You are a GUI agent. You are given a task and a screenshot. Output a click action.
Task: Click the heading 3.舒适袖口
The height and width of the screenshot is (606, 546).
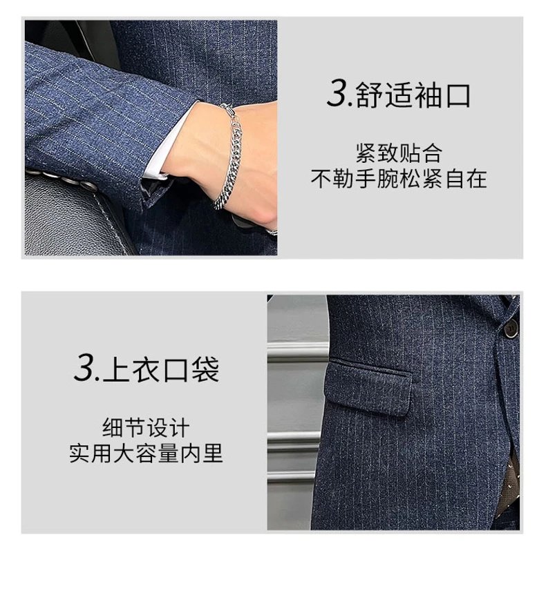[399, 94]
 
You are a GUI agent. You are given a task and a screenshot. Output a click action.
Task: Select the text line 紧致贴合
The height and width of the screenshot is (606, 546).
[399, 153]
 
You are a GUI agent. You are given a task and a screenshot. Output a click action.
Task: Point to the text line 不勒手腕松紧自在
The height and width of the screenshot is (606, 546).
[399, 179]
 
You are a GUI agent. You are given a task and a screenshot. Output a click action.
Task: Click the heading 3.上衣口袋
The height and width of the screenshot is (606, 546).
[147, 369]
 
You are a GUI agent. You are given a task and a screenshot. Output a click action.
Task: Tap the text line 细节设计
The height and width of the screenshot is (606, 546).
[147, 427]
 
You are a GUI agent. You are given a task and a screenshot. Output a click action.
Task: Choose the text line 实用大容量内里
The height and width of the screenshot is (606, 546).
[147, 453]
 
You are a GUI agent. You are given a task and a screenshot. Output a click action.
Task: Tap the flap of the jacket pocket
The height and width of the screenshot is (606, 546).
[368, 387]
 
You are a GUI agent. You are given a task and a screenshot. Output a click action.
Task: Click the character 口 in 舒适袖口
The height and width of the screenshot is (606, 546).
[459, 95]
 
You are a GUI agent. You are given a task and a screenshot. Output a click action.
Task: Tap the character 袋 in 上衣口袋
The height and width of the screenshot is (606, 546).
[206, 369]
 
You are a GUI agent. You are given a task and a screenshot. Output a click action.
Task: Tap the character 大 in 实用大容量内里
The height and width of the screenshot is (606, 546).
[124, 453]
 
